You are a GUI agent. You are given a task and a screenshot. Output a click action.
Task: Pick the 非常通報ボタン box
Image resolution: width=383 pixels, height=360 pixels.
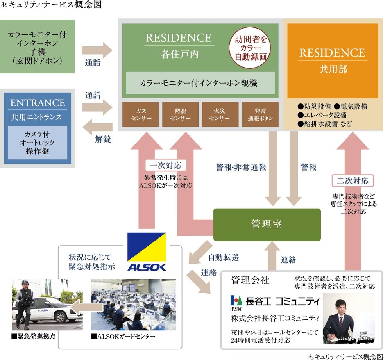point(260,114)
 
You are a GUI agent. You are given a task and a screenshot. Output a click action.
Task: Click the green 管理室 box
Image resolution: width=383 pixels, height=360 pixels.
point(267,225)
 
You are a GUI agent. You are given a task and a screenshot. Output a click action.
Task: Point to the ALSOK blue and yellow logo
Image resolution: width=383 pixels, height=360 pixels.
point(147,252)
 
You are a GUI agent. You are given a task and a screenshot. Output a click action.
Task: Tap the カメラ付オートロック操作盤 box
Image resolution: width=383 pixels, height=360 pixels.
point(38,143)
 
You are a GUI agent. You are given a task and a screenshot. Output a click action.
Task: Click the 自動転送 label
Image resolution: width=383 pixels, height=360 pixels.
point(223,258)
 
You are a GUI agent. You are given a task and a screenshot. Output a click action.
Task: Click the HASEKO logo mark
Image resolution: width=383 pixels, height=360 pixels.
point(236,301)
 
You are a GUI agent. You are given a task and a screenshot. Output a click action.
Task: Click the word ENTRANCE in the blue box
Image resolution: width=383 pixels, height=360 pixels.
point(38,103)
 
